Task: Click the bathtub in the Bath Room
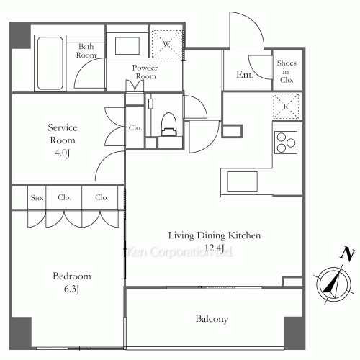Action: click(50, 63)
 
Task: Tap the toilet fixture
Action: click(168, 125)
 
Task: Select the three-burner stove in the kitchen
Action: click(286, 143)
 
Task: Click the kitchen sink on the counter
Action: click(242, 181)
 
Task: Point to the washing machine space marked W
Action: click(167, 44)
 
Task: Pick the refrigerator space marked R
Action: click(286, 106)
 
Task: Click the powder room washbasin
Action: click(127, 45)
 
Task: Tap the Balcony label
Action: click(212, 319)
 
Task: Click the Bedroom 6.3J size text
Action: click(71, 289)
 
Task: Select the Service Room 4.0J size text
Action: click(62, 153)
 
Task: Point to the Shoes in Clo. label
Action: click(287, 71)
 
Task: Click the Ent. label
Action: click(245, 75)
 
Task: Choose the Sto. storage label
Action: click(37, 198)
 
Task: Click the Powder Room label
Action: click(145, 72)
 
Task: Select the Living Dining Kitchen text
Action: click(215, 235)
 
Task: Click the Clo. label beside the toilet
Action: click(135, 127)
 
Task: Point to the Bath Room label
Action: click(86, 50)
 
